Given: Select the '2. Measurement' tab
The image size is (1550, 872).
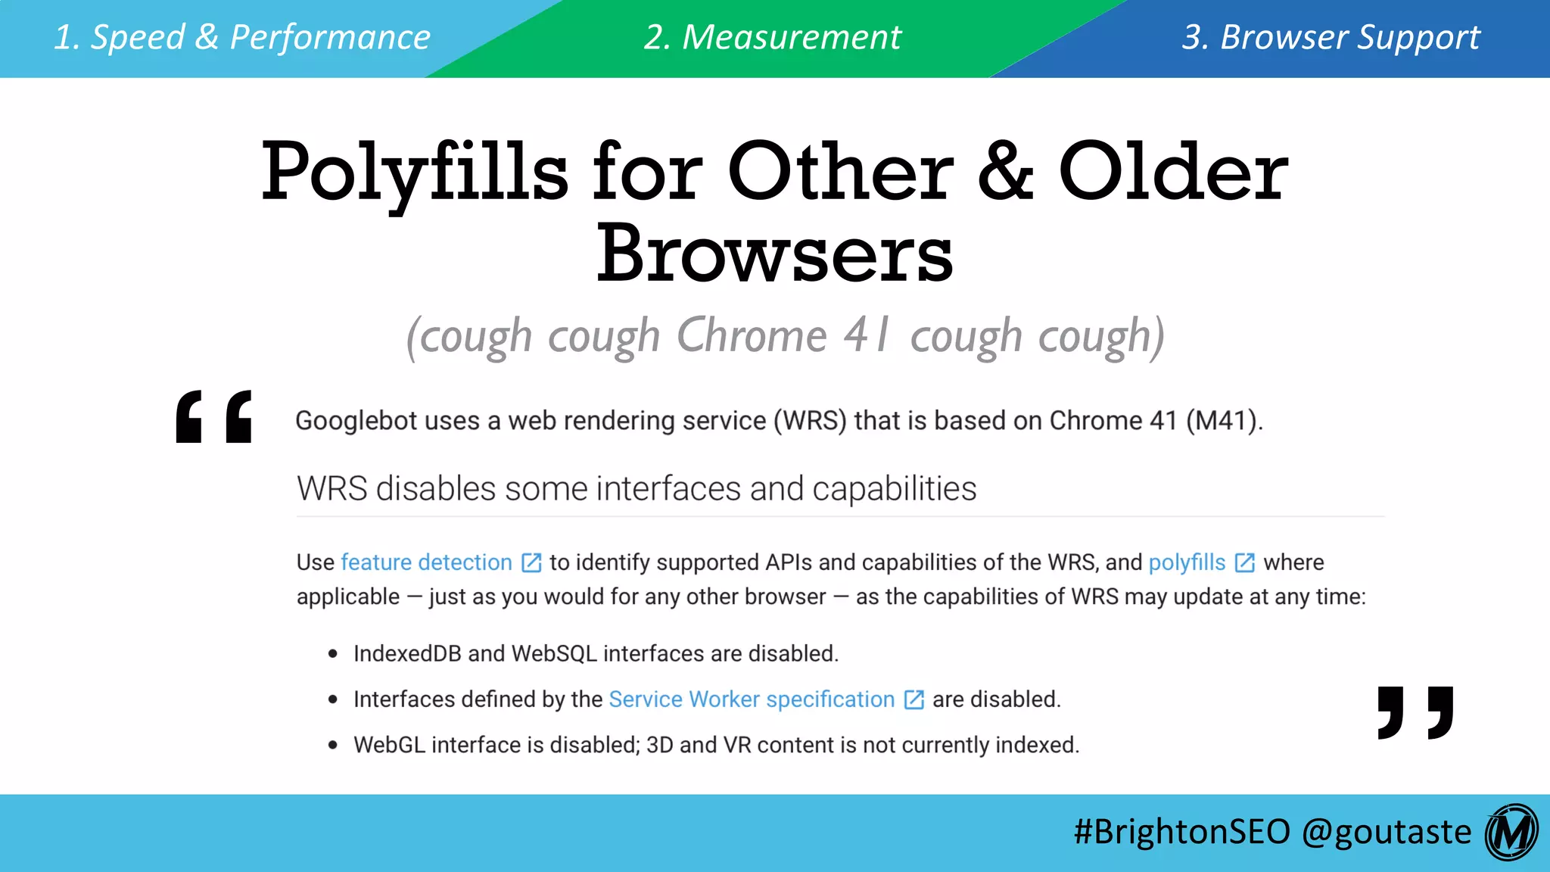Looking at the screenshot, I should (773, 38).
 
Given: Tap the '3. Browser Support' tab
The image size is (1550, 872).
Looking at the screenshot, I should (1331, 38).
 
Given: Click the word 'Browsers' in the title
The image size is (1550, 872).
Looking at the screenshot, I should (774, 254).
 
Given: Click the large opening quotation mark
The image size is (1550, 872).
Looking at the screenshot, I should (213, 416).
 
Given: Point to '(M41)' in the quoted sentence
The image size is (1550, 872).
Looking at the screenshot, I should (1224, 421).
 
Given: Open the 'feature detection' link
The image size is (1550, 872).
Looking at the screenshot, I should (427, 562).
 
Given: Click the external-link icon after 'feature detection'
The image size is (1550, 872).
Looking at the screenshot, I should (532, 562).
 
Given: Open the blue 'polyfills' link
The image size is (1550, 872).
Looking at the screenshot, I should (1187, 562).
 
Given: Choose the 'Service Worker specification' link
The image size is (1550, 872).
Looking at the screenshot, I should (752, 699).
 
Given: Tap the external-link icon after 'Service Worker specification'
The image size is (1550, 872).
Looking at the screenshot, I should (914, 699).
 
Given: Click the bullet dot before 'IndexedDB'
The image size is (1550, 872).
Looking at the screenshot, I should (333, 654).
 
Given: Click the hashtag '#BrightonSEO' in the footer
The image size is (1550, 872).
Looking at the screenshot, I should (1181, 831).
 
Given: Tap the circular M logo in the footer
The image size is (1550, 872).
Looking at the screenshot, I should (1511, 832).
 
